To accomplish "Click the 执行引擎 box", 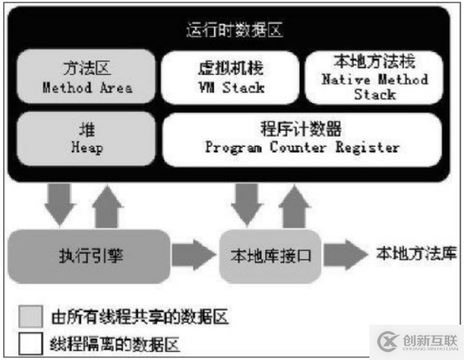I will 89,255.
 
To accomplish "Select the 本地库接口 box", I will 270,255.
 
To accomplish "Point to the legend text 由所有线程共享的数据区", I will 140,317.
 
